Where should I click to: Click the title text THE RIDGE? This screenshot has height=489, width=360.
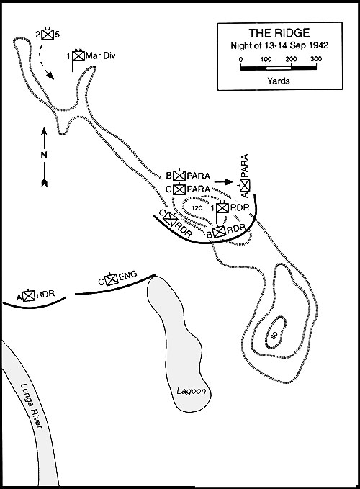[279, 32]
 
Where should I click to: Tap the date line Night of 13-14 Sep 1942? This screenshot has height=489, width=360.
[279, 45]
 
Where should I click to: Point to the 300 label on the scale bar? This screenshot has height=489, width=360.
[316, 59]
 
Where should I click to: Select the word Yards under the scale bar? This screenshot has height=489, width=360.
[279, 81]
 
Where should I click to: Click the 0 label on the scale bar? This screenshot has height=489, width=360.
[240, 59]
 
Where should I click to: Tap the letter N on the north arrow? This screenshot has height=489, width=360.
[44, 156]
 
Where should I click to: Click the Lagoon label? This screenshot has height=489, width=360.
[192, 391]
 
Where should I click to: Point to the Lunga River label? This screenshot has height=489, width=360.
[31, 405]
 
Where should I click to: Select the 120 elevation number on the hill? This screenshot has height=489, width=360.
[197, 208]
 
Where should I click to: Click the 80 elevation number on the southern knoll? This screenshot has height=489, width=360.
[274, 336]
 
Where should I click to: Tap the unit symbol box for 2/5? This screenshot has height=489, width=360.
[48, 34]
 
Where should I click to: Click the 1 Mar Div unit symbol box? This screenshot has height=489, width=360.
[78, 56]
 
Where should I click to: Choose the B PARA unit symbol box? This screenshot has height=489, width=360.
[179, 176]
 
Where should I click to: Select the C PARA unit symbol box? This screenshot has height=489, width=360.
[179, 189]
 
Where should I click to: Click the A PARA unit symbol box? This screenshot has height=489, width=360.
[245, 185]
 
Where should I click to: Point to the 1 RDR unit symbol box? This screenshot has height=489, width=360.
[222, 207]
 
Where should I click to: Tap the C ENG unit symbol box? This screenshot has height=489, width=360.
[112, 279]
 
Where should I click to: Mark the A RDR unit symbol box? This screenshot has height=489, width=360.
[29, 295]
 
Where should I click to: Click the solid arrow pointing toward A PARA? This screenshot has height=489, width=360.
[224, 181]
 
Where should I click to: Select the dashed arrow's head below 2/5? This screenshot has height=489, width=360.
[50, 75]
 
